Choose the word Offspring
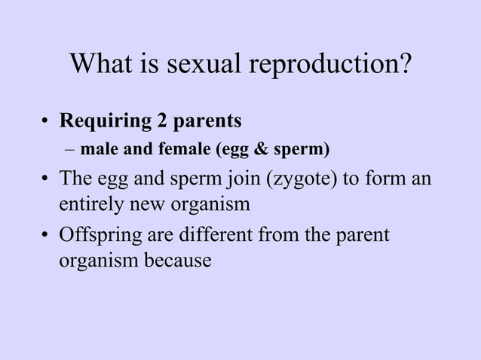point(93,236)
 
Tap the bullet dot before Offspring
point(46,235)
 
